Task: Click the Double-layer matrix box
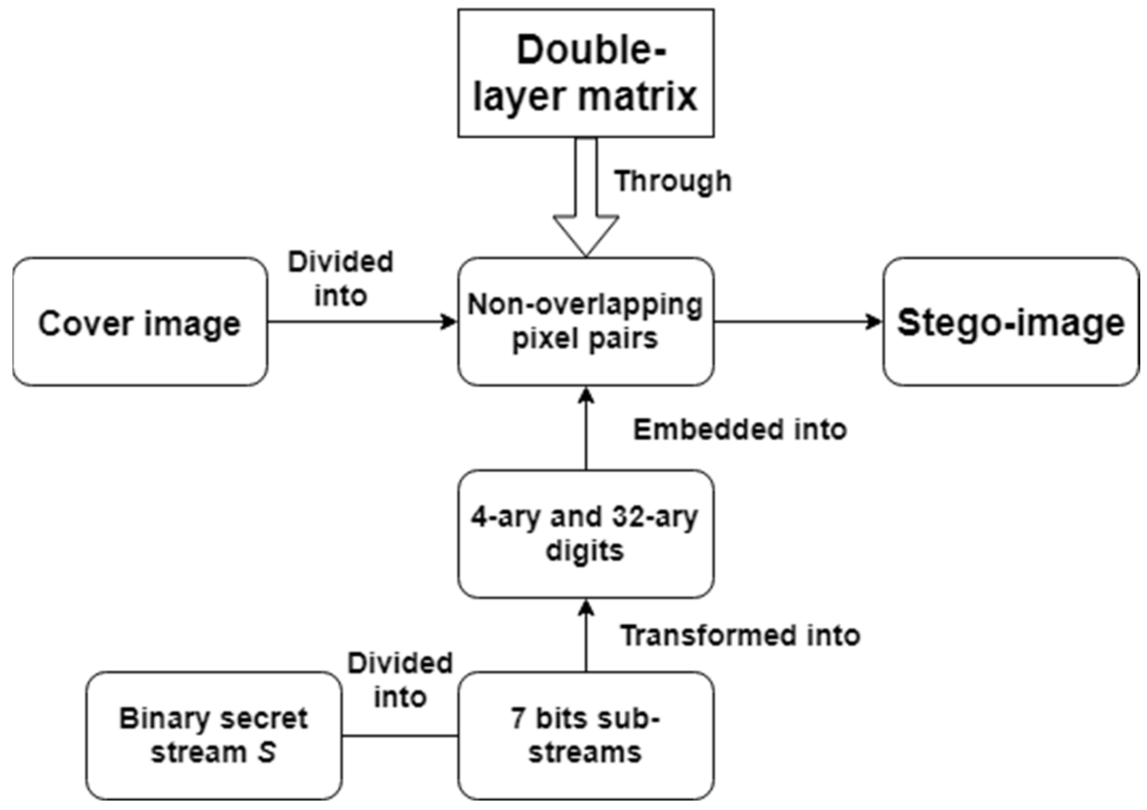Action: (x=585, y=73)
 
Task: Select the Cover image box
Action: (x=140, y=322)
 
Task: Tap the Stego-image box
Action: (x=1010, y=322)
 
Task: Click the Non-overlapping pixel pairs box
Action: (x=585, y=322)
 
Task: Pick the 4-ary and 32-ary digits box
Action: (x=585, y=533)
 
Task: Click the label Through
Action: (x=672, y=181)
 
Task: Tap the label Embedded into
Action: (x=740, y=429)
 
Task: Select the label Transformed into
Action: (x=740, y=635)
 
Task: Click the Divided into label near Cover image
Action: (x=340, y=279)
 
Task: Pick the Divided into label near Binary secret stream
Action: (x=400, y=680)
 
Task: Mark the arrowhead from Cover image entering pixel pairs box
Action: (x=449, y=322)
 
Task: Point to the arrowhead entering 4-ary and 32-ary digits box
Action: (x=586, y=607)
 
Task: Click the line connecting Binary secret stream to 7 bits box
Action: (x=400, y=736)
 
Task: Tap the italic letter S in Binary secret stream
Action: (x=267, y=752)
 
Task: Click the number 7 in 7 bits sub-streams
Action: (x=518, y=718)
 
